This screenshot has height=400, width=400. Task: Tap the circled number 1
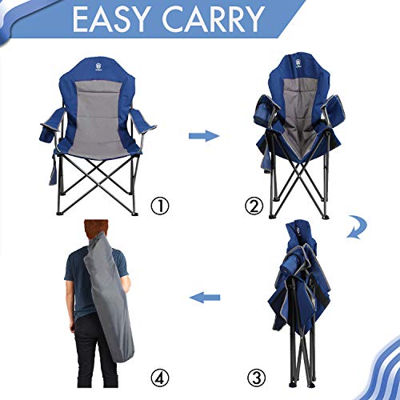coord(161,206)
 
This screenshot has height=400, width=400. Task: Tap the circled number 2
coord(254,206)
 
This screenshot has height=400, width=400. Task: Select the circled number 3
coord(254,375)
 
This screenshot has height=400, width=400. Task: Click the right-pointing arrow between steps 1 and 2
coord(203,136)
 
